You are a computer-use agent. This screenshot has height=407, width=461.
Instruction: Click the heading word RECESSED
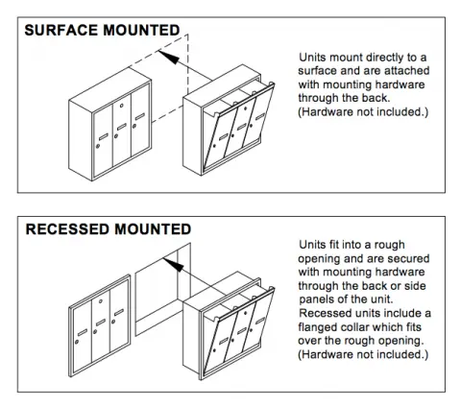click(x=62, y=230)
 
